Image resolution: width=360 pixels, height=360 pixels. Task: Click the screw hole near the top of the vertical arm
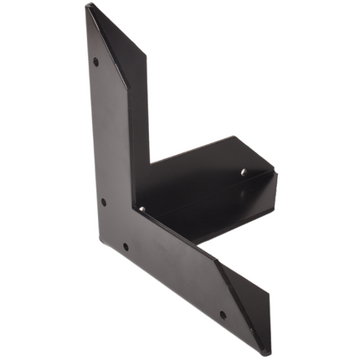point(95,61)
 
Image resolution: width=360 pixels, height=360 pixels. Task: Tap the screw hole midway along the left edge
point(104,201)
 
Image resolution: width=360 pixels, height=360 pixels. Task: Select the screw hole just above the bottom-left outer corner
point(126,246)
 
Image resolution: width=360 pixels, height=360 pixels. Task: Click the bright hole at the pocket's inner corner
point(141,208)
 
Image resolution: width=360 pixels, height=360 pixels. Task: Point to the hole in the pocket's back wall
point(244,172)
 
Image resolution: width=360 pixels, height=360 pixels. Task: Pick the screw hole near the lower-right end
point(223,316)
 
